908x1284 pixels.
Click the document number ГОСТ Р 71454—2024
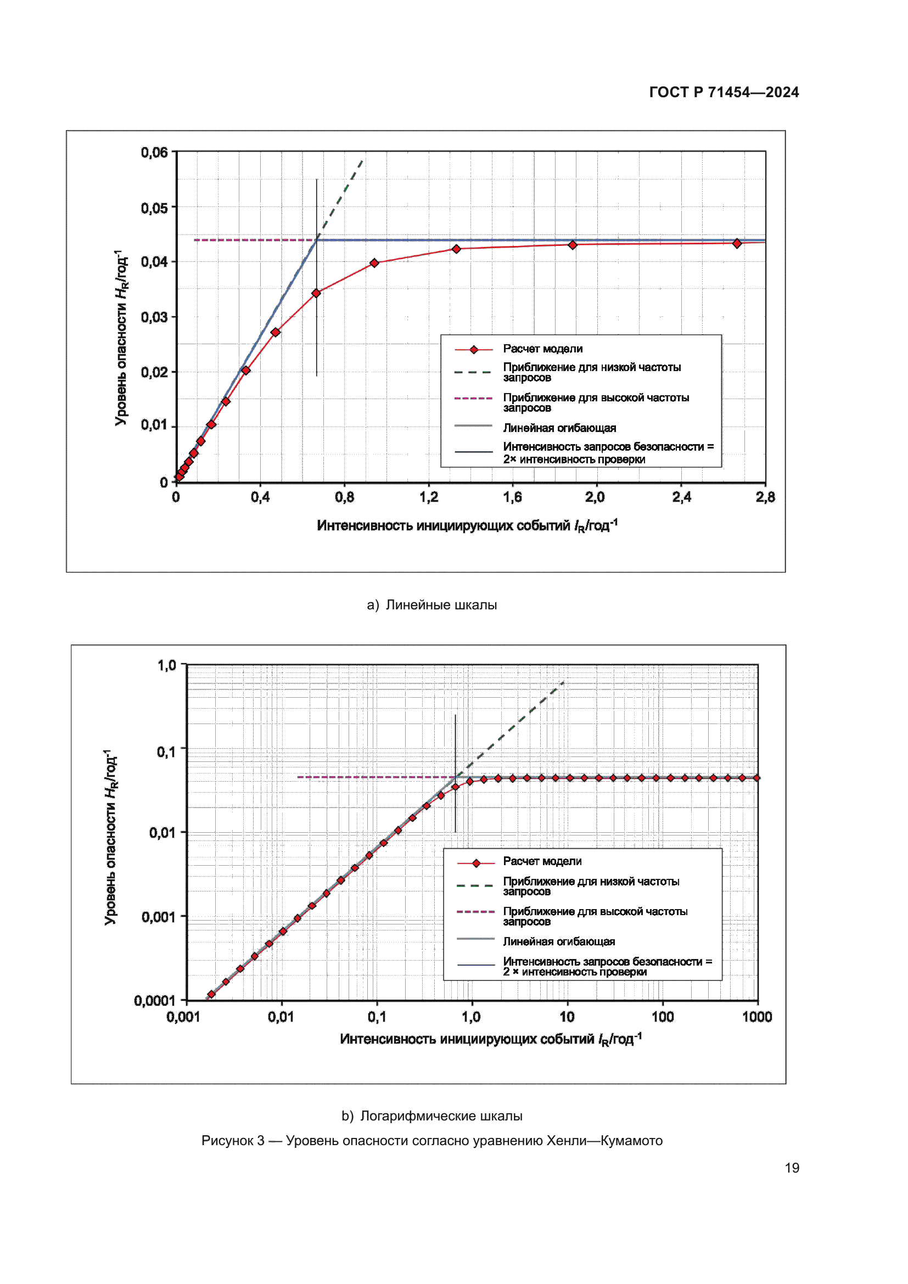tap(724, 92)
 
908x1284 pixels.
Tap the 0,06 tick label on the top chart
tap(154, 152)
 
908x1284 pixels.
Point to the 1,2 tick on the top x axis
tap(429, 497)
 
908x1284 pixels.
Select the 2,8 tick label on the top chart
tap(765, 497)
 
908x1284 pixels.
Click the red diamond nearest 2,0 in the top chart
tap(573, 245)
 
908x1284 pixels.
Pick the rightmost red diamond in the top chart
tap(737, 243)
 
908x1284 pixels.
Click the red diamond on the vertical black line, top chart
tap(316, 293)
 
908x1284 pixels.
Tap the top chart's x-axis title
tap(467, 526)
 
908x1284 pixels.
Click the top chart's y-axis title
tap(121, 338)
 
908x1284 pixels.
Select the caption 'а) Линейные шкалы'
tap(431, 604)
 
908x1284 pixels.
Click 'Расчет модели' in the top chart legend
tap(542, 349)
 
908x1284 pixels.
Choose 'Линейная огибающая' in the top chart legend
tap(559, 428)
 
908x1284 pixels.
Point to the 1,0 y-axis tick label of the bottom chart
tap(167, 665)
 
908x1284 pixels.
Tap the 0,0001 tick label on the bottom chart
tap(154, 1001)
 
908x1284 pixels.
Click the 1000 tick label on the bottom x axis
tap(756, 1017)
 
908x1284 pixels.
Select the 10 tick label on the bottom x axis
tap(567, 1017)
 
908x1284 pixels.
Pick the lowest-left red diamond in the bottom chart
tap(211, 994)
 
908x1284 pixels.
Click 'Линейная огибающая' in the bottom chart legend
tap(558, 941)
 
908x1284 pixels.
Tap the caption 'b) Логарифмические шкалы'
tap(431, 1115)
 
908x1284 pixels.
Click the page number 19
tap(792, 1168)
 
